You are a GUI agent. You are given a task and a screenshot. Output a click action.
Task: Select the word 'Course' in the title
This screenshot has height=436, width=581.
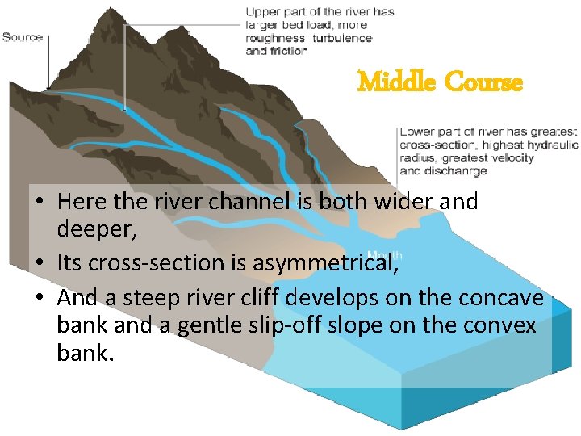[x=483, y=82]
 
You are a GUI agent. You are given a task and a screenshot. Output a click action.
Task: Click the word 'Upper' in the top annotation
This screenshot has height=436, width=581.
[x=262, y=12]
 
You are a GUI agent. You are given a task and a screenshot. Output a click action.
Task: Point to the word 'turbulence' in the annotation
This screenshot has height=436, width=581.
[x=342, y=38]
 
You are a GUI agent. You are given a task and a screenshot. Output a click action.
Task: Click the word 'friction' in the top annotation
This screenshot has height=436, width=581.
[x=289, y=51]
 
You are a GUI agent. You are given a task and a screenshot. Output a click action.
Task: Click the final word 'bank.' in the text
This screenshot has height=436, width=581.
[x=86, y=353]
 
